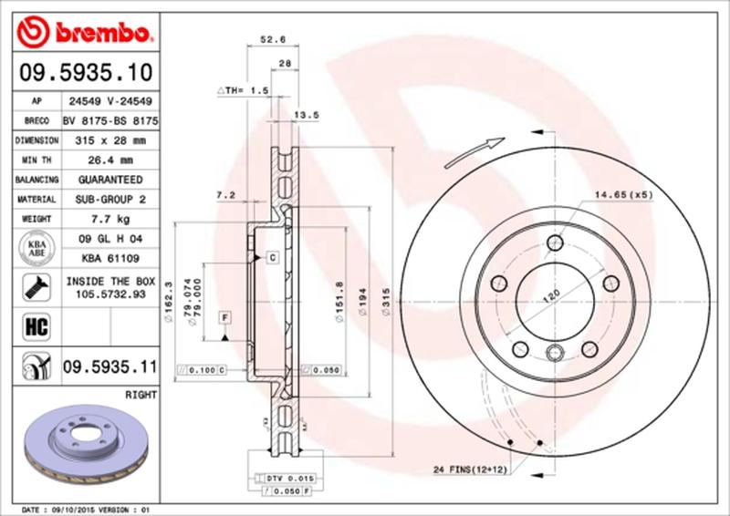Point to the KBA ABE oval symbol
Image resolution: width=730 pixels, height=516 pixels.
pos(33,249)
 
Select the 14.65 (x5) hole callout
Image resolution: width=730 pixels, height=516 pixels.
pos(624,195)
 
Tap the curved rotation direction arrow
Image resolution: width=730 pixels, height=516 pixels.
pos(475,150)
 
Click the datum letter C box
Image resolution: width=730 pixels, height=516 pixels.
pos(272,258)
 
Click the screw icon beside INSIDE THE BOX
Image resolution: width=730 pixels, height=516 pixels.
pos(33,287)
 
